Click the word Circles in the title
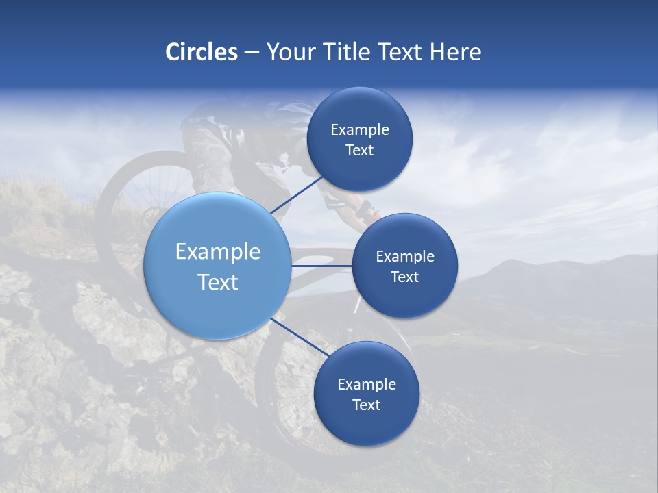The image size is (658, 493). pyautogui.click(x=201, y=52)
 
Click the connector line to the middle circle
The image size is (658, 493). pyautogui.click(x=322, y=266)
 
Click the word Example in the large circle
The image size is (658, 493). pyautogui.click(x=218, y=252)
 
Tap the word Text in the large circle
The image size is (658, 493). pyautogui.click(x=218, y=282)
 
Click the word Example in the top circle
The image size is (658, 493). pyautogui.click(x=360, y=130)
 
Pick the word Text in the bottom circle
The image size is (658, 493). pyautogui.click(x=366, y=405)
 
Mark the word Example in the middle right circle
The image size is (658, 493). pyautogui.click(x=405, y=257)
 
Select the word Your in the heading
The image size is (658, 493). pyautogui.click(x=291, y=52)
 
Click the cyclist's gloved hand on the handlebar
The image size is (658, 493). pyautogui.click(x=364, y=210)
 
